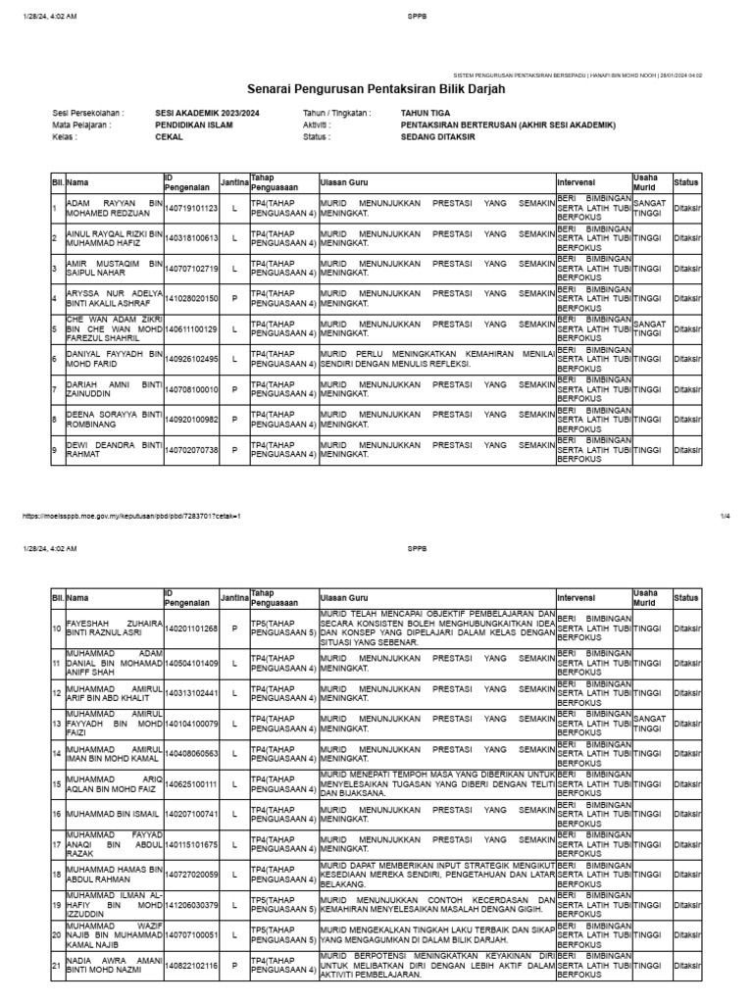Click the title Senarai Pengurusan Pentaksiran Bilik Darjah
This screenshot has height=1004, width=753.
coord(376,90)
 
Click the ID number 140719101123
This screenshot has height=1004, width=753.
coord(190,208)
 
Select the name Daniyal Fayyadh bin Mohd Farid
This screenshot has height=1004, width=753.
coord(112,359)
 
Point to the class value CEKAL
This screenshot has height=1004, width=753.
coord(169,137)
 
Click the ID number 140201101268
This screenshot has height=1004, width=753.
coord(190,627)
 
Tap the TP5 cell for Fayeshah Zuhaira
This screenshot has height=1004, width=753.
coord(282,627)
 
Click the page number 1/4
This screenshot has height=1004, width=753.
coord(726,515)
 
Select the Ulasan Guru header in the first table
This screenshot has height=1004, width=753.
coord(344,183)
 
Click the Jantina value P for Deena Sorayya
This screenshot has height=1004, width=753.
coord(234,420)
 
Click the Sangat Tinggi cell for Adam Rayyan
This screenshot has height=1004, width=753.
coord(651,208)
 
